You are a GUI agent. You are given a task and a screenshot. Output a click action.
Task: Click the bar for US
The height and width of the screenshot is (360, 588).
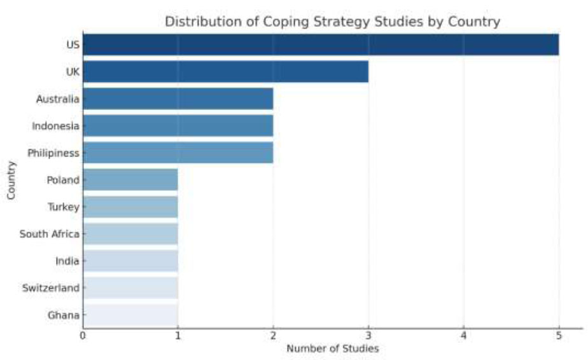click(321, 45)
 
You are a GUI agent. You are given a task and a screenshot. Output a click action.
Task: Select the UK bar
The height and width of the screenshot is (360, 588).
click(225, 72)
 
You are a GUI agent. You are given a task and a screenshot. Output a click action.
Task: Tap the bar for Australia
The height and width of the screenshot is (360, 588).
click(178, 99)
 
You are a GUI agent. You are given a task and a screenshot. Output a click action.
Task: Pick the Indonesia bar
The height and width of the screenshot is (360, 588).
click(178, 126)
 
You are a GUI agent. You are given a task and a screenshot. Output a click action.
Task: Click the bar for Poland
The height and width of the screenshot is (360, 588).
click(130, 180)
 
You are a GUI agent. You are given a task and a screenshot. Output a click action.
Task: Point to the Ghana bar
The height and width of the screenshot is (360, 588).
click(130, 315)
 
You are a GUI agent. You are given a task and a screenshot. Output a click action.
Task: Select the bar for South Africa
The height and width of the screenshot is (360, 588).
click(130, 234)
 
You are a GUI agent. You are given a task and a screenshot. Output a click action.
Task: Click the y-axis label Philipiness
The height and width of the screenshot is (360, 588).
click(53, 153)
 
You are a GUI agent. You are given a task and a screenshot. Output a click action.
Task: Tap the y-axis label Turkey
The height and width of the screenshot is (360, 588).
click(63, 207)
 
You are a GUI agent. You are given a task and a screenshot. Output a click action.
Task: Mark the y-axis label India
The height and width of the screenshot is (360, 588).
click(67, 261)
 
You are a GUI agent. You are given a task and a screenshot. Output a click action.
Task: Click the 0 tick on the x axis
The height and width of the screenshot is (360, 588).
click(83, 335)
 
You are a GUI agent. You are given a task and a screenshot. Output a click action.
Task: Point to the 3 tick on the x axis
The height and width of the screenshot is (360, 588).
click(368, 335)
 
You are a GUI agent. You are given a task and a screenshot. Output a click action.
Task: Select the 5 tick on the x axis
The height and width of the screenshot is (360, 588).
click(559, 335)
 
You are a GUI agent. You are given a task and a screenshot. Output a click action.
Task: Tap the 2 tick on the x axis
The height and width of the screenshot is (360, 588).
click(273, 335)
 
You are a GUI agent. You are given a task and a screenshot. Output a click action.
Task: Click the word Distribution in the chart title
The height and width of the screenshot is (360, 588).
click(195, 22)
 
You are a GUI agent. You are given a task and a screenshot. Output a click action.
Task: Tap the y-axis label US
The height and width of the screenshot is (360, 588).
click(73, 45)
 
